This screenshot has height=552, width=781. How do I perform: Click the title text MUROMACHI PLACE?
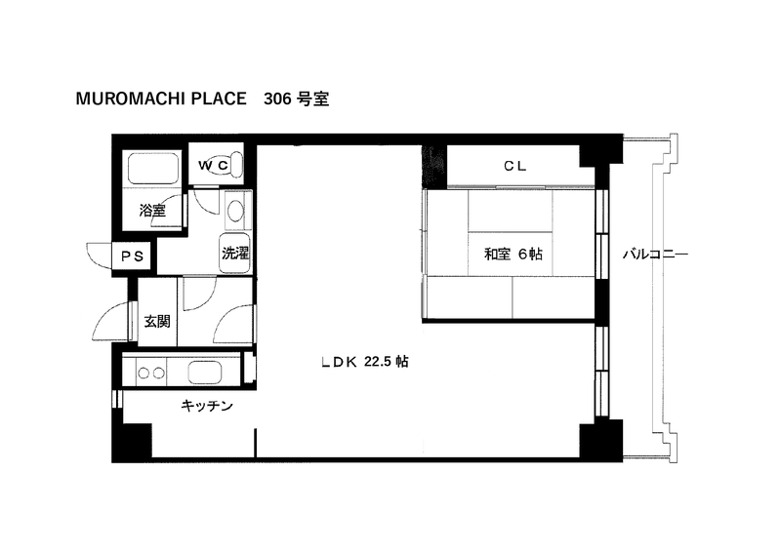161,99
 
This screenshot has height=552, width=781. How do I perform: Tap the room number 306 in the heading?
277,99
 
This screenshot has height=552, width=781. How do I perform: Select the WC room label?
213,165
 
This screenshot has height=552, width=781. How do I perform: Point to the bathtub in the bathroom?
153,169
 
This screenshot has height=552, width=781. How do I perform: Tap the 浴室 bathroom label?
152,210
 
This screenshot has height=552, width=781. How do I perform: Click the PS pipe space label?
133,256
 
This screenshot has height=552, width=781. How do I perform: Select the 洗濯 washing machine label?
235,253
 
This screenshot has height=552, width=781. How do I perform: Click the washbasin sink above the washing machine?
235,211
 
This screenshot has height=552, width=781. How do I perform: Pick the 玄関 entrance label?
157,321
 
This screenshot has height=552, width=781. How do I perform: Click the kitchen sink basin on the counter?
205,373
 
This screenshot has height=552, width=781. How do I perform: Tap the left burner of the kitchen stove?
144,373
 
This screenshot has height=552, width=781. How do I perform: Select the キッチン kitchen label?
207,406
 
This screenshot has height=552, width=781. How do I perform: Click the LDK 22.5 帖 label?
365,362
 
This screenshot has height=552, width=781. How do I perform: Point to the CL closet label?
515,166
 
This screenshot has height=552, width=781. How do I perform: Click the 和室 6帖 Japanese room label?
514,254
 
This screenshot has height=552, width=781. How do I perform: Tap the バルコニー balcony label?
655,255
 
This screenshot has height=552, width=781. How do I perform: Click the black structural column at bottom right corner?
601,441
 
